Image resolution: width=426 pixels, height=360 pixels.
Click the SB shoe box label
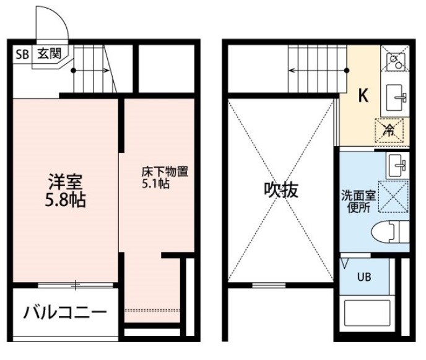[22, 54]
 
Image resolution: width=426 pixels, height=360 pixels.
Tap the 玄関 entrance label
[50, 54]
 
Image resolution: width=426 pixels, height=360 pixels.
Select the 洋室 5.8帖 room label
[66, 191]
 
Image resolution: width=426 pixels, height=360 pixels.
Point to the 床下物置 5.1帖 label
[165, 178]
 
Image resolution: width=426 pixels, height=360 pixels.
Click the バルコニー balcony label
[65, 312]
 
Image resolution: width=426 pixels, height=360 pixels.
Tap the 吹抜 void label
[281, 190]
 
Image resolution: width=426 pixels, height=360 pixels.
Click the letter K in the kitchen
[363, 95]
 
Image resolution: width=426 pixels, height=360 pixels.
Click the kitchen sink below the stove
[396, 98]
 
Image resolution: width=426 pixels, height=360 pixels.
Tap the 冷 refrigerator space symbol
[389, 131]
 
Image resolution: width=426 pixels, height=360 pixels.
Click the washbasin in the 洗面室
[397, 165]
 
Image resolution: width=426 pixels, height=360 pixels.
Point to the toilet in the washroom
[390, 232]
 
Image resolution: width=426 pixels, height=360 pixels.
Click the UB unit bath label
[364, 277]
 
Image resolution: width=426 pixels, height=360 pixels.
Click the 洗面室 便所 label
[359, 202]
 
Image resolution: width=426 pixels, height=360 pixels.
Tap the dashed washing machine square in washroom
[393, 196]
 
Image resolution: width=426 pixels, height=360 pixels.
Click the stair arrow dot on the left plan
[73, 71]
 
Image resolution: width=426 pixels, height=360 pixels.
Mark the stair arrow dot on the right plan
[347, 71]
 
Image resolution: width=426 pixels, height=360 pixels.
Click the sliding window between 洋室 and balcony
[76, 285]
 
